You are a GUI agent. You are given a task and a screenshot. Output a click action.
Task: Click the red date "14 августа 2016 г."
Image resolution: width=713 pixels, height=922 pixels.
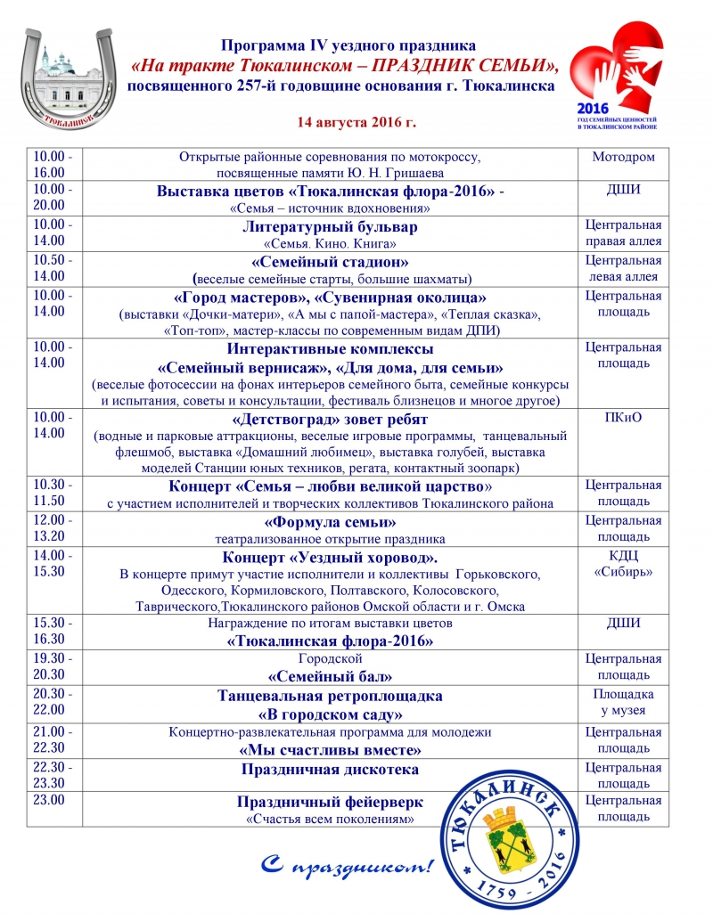click(x=356, y=120)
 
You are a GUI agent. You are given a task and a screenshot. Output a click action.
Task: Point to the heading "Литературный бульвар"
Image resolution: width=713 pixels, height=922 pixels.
click(x=330, y=226)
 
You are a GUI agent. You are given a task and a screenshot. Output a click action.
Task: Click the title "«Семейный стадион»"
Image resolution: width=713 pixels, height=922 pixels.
click(x=330, y=262)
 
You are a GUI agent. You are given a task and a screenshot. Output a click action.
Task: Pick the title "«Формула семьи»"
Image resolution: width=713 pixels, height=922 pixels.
click(x=330, y=522)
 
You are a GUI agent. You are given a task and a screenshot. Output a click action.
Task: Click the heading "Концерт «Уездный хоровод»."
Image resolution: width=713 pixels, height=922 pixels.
click(x=330, y=558)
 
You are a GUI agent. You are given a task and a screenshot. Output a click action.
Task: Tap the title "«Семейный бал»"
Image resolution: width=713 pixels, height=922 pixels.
click(x=330, y=676)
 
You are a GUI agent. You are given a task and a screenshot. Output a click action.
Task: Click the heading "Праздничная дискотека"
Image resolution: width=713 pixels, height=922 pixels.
click(x=330, y=769)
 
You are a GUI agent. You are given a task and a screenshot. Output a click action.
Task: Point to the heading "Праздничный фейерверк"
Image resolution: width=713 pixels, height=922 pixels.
click(x=330, y=802)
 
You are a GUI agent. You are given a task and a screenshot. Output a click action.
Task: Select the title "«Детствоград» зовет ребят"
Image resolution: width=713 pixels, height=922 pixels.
click(x=330, y=419)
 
